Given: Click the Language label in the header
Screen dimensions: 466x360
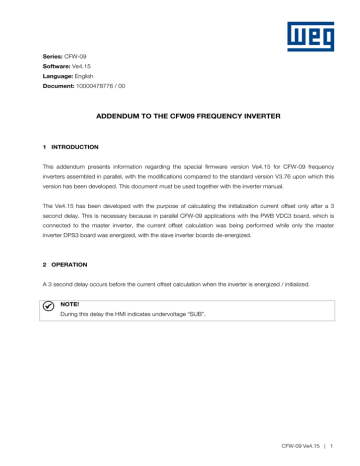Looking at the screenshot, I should pos(59,83).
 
